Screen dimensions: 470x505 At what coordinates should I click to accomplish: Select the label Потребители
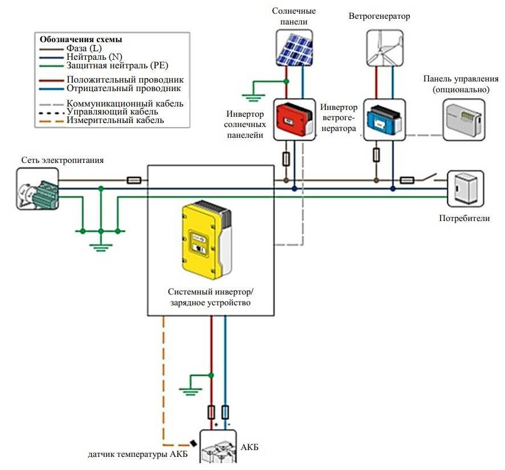(x=464, y=218)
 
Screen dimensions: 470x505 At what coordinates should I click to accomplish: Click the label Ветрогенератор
(x=379, y=16)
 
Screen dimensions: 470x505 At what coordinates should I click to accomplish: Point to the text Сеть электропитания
(x=63, y=160)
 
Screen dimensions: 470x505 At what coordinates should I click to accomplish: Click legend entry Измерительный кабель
(x=115, y=120)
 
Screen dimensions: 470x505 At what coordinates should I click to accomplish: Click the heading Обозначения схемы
(x=80, y=40)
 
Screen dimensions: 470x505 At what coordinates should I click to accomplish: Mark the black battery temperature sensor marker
(x=194, y=443)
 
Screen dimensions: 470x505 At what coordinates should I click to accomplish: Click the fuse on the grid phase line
(x=133, y=180)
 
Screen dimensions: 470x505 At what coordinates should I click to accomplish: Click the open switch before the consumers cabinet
(x=434, y=178)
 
